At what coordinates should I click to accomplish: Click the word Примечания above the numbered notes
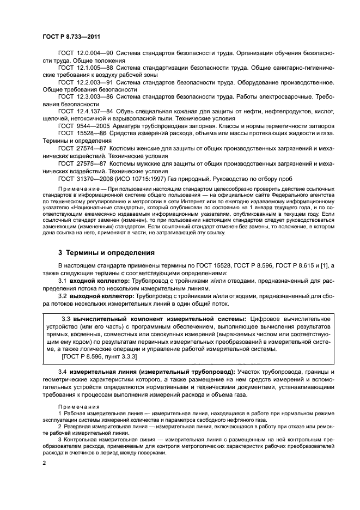point(78,406)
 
